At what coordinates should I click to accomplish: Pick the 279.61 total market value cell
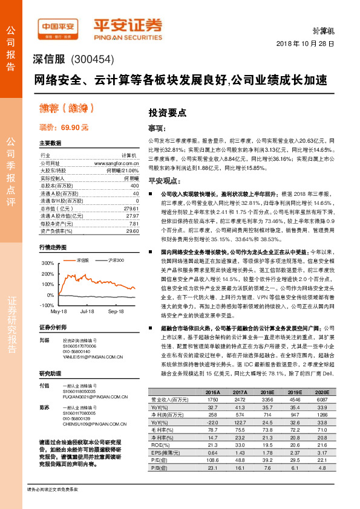click(x=131, y=207)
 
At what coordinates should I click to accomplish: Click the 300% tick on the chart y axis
click(x=47, y=264)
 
